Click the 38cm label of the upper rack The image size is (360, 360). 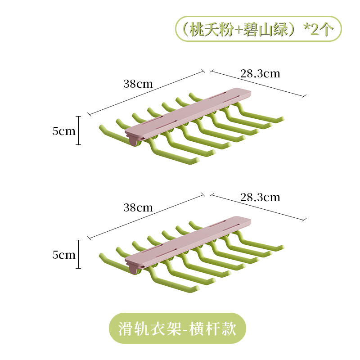138,84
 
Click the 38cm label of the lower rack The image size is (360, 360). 138,208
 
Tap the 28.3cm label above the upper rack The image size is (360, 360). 260,73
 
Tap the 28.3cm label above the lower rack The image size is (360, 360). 260,197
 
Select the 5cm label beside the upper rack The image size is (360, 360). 64,131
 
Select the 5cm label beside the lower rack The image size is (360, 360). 64,255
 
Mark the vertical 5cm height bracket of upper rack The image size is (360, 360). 79,130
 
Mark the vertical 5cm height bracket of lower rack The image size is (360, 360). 79,254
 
